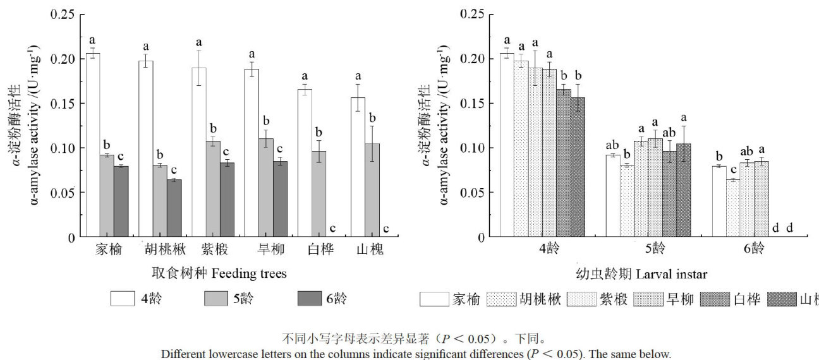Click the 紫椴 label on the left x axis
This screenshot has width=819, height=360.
pyautogui.click(x=203, y=249)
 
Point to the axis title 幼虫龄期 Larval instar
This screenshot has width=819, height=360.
pyautogui.click(x=641, y=273)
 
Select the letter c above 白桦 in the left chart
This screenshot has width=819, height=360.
pyautogui.click(x=332, y=229)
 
